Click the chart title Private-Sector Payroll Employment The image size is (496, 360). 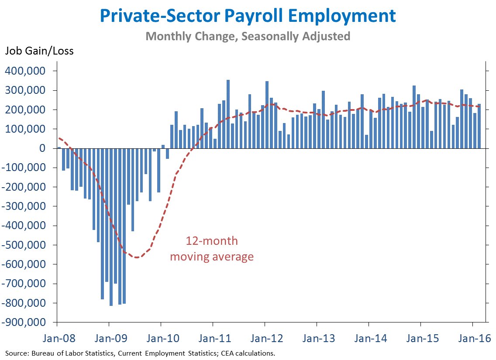[x=248, y=16]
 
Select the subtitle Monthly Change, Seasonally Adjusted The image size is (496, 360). [x=248, y=36]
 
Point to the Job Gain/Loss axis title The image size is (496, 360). [x=39, y=51]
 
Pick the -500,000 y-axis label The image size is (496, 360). [x=26, y=245]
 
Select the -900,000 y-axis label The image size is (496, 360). [x=26, y=322]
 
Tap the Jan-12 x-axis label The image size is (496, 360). [x=265, y=339]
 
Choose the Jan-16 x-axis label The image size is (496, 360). [x=472, y=339]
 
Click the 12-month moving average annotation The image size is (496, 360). [x=212, y=249]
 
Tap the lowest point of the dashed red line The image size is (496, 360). [x=137, y=257]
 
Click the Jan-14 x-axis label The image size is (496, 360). [x=369, y=339]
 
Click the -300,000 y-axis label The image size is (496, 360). [x=26, y=206]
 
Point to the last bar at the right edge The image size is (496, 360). [x=479, y=126]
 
